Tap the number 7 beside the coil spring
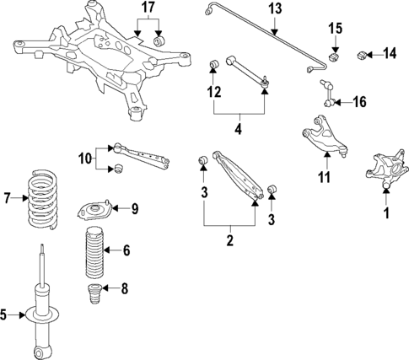[8, 199]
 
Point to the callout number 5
[5, 315]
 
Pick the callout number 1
[386, 214]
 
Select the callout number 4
[239, 131]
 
